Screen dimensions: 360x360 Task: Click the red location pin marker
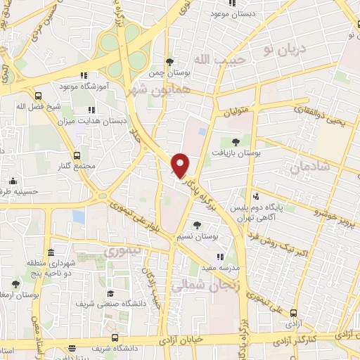(181, 164)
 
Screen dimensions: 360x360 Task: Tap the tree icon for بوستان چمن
(169, 61)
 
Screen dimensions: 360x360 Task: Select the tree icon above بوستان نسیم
(198, 226)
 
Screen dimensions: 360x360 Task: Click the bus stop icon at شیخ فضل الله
(37, 96)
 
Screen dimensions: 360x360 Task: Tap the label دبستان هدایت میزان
(100, 121)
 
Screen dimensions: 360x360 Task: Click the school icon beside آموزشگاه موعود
(84, 75)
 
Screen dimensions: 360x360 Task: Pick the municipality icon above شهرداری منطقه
(50, 253)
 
